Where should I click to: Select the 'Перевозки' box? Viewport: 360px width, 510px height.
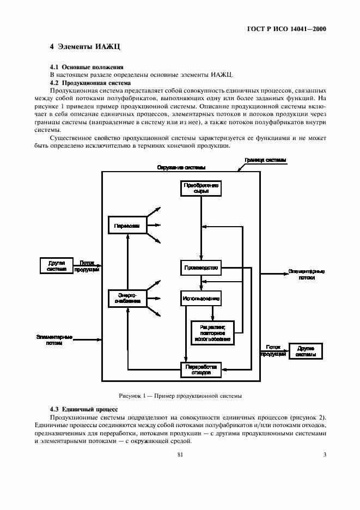click(x=127, y=226)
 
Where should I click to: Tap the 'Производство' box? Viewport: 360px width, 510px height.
click(x=202, y=268)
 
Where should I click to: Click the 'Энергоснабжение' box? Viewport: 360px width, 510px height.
click(x=127, y=297)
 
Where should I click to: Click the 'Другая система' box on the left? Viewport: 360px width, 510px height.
click(x=57, y=265)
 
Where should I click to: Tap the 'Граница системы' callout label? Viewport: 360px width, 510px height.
click(x=266, y=160)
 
